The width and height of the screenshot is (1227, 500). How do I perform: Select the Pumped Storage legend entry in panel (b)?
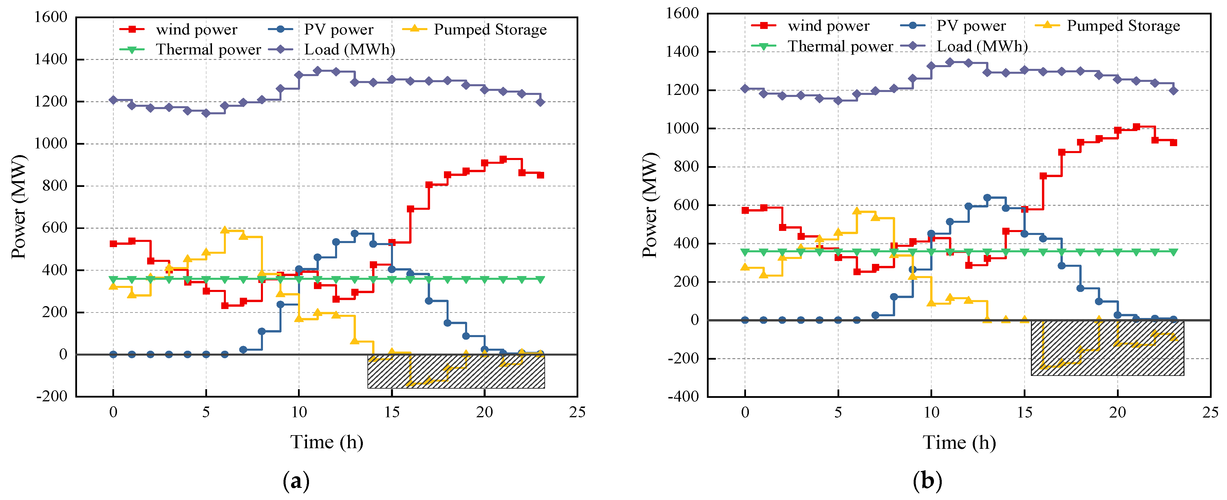1123,26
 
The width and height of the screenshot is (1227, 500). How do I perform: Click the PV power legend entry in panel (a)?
338,30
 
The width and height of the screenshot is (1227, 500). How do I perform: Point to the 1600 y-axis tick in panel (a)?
50,17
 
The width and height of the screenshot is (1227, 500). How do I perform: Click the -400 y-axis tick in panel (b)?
683,396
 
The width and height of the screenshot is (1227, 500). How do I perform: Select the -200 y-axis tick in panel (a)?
52,396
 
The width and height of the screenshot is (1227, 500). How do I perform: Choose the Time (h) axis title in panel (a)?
327,442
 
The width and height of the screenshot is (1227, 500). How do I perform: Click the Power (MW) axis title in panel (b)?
650,205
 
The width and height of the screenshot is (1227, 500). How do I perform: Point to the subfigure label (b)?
927,481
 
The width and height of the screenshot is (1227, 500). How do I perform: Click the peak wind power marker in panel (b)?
1136,127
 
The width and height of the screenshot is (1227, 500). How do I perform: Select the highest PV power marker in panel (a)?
354,234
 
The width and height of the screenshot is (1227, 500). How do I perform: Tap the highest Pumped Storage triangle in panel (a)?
224,230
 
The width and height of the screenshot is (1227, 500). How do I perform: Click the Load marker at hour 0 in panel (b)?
745,89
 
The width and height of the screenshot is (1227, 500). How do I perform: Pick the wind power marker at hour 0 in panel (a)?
113,244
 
